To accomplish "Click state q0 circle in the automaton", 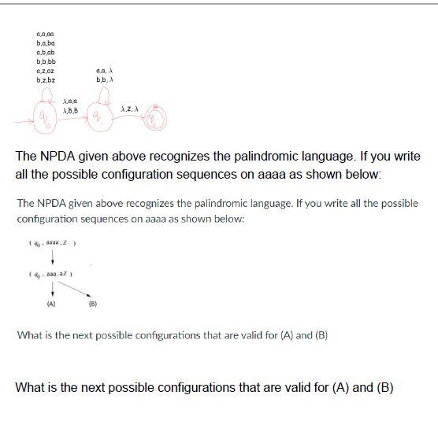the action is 46,120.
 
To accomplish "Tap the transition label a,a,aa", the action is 45,34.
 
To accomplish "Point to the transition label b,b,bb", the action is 46,61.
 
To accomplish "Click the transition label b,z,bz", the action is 46,80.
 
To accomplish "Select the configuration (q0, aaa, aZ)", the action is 54,275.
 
